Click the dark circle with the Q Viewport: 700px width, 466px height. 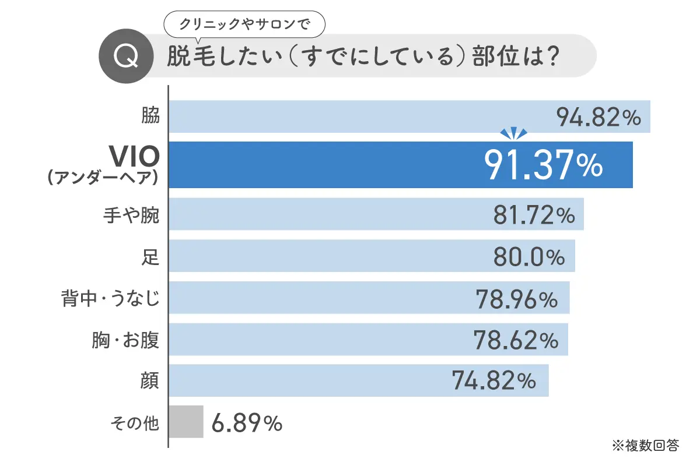coord(127,56)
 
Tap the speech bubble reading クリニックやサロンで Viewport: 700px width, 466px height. coord(244,24)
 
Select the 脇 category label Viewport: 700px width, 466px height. coord(150,115)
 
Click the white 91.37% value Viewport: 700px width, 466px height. coord(543,165)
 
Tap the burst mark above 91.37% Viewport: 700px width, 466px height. coord(514,134)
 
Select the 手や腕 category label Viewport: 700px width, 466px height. coord(131,217)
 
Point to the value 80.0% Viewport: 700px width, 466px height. coord(528,257)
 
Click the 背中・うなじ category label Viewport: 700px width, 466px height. coord(110,299)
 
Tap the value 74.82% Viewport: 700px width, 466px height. coord(494,382)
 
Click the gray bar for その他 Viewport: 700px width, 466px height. coord(186,422)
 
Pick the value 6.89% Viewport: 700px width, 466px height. coord(247,423)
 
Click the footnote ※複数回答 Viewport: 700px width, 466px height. coord(645,446)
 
